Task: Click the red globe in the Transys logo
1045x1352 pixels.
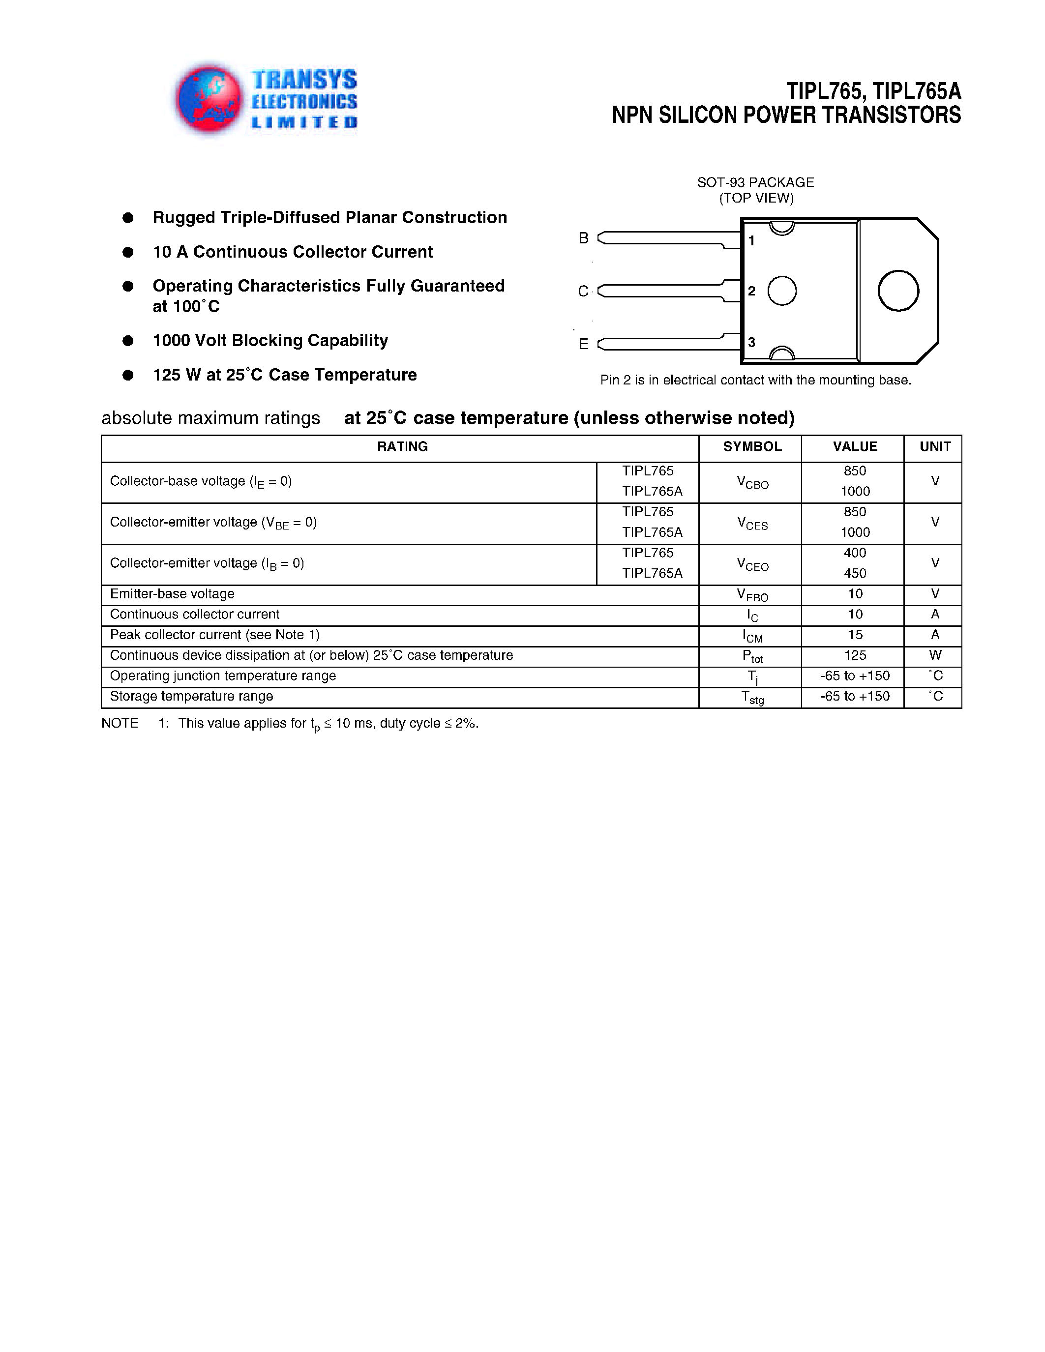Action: pos(209,99)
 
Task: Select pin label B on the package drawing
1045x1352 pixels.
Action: pos(583,238)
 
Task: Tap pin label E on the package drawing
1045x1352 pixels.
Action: pos(583,344)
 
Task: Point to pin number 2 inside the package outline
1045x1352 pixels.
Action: pos(751,291)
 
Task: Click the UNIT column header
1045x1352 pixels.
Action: pos(934,446)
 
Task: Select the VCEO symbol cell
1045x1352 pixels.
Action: pos(752,564)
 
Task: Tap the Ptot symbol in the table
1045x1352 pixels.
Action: pos(752,657)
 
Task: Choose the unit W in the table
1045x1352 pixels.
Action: pos(935,655)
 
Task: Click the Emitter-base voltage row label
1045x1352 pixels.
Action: pos(172,594)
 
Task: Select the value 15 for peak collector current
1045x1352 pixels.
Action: pos(855,635)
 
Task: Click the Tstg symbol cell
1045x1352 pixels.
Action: pos(752,698)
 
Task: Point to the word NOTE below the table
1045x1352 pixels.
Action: pos(119,723)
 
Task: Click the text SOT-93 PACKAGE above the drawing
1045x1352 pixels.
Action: pos(755,182)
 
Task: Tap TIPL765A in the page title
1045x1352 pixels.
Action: pos(918,91)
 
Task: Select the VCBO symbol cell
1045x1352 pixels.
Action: pos(752,482)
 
